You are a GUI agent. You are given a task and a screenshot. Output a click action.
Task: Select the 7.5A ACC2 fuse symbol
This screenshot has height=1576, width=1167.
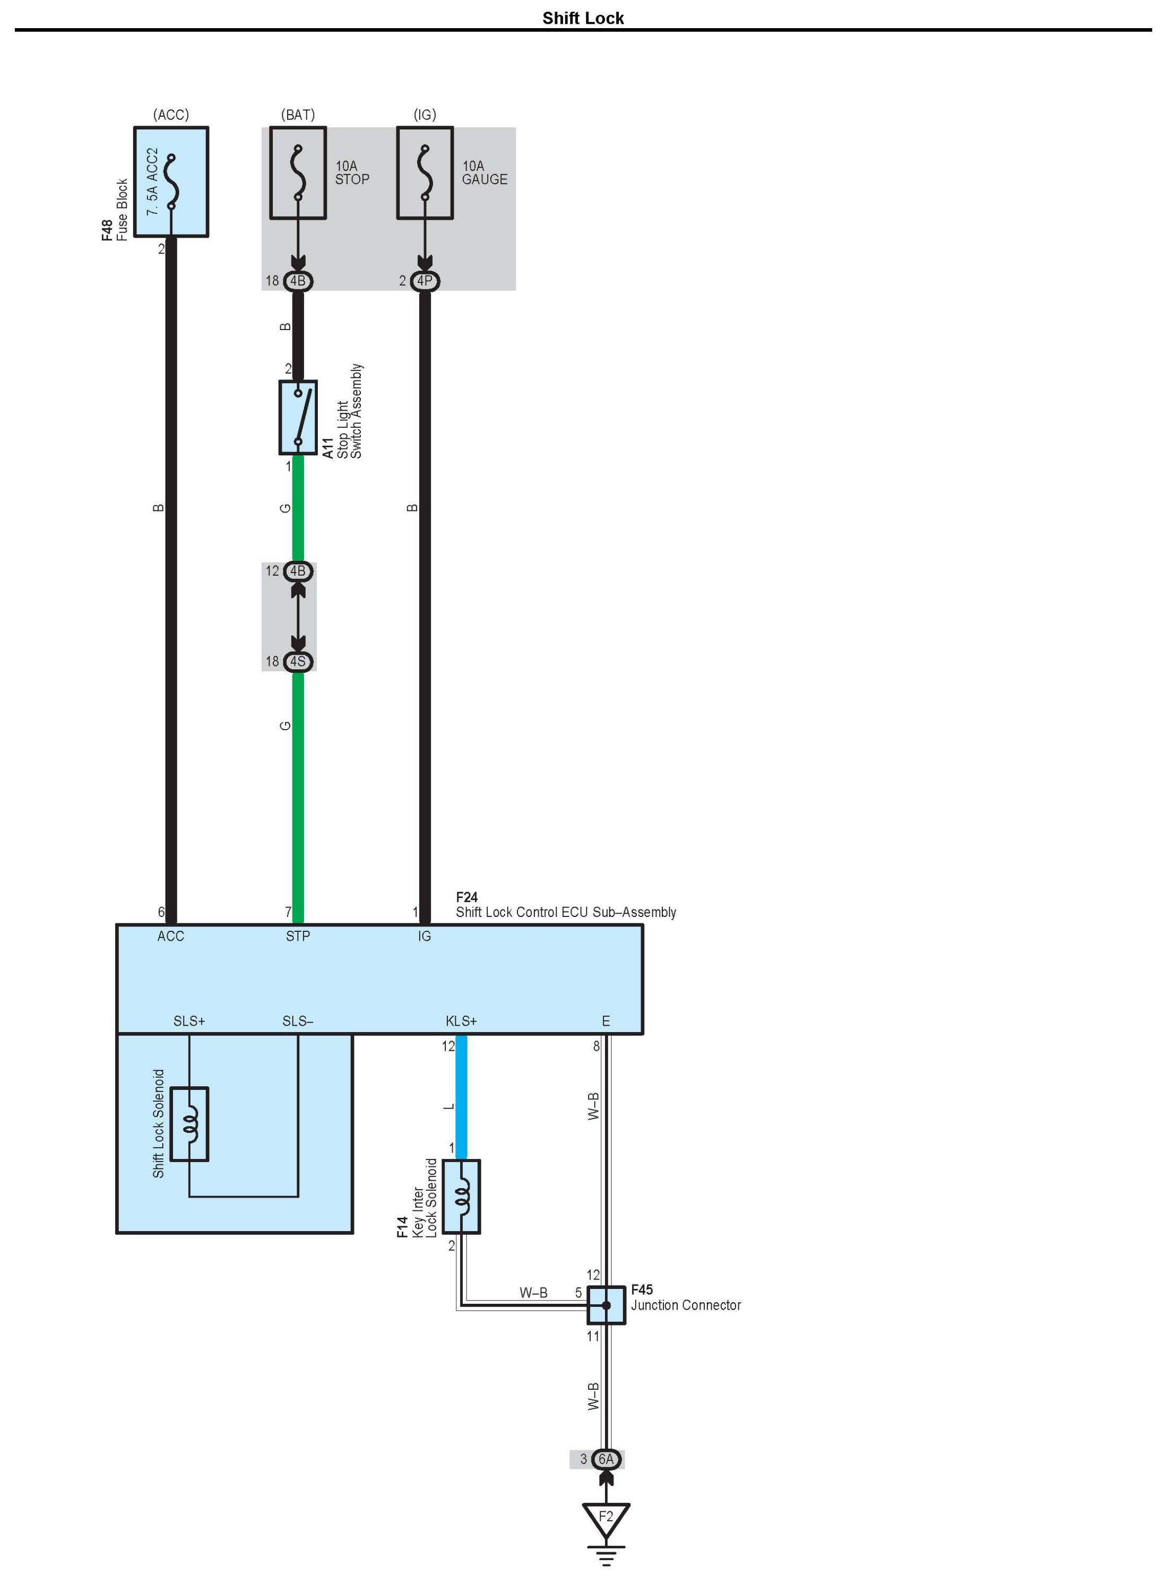point(171,181)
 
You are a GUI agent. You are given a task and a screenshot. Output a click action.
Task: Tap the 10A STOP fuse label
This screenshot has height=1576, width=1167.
point(352,173)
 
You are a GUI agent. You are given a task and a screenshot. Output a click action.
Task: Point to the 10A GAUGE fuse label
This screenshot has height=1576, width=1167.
point(484,173)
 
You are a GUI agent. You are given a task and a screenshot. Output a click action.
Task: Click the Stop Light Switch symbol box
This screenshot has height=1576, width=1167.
point(298,418)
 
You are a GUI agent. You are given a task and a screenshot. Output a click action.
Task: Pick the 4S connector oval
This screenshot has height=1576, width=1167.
point(298,661)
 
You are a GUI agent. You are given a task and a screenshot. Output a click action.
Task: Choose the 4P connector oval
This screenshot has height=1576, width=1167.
point(425,281)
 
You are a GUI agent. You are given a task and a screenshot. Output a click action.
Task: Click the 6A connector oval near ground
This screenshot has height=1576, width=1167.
point(606,1459)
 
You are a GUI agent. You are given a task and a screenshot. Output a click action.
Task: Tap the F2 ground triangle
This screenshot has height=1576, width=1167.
point(606,1517)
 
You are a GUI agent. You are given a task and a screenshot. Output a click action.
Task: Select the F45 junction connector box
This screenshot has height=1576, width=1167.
point(606,1305)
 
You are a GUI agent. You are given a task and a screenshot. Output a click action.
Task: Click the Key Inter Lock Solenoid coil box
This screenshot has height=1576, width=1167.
point(461,1197)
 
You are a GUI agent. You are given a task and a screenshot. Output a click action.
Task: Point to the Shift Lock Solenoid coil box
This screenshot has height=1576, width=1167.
point(189,1124)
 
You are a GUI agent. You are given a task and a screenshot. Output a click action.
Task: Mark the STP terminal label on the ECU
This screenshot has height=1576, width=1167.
point(298,936)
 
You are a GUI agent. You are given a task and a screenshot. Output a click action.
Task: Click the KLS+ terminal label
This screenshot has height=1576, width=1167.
point(461,1021)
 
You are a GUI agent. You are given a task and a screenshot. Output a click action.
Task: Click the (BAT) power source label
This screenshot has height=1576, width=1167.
point(298,115)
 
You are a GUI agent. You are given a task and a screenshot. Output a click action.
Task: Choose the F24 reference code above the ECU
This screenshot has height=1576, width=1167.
point(467,897)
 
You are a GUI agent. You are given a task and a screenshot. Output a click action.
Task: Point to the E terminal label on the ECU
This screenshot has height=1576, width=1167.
point(606,1021)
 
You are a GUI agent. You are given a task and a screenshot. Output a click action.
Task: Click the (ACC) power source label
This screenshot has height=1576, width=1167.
point(171,115)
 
